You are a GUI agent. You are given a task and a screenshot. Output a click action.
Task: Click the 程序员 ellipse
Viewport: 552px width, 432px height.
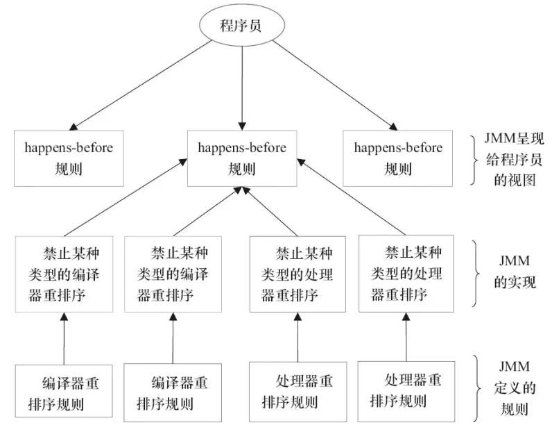coord(241,27)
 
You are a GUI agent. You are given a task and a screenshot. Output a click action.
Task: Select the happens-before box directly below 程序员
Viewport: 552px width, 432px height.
coord(241,158)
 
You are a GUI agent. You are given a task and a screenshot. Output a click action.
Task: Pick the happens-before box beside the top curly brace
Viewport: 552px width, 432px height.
coord(398,158)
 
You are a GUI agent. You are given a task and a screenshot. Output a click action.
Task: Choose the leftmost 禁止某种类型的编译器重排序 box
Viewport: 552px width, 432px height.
coord(63,274)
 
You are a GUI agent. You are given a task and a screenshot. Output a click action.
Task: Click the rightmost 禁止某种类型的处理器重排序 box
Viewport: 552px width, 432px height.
coord(406,272)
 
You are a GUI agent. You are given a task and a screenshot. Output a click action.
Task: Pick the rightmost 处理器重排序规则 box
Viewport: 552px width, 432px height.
coord(406,391)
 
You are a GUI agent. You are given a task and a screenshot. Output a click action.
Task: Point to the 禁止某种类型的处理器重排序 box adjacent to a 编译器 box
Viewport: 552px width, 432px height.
coord(297,274)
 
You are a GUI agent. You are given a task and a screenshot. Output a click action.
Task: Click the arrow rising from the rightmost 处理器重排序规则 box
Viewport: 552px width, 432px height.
coord(406,336)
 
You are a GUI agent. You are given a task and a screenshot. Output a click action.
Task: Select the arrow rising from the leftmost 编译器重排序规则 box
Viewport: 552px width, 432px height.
coord(63,339)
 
